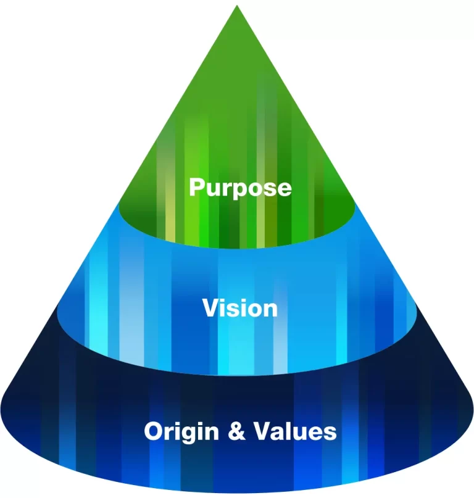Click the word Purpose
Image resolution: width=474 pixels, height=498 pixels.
point(239,187)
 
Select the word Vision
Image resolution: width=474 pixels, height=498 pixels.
point(240,308)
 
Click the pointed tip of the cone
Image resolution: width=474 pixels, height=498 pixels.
point(236,7)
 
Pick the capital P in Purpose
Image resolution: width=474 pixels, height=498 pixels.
point(196,186)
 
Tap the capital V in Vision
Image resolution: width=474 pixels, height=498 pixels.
point(210,307)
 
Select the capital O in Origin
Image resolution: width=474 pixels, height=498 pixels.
point(154,431)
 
